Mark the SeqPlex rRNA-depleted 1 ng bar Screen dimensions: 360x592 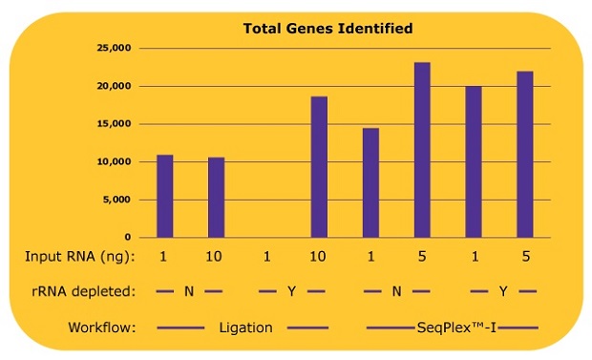point(474,161)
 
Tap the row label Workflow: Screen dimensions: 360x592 point(102,328)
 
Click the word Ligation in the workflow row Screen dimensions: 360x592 point(245,328)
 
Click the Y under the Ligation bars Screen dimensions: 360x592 point(293,291)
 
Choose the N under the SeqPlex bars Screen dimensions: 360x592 point(396,291)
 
